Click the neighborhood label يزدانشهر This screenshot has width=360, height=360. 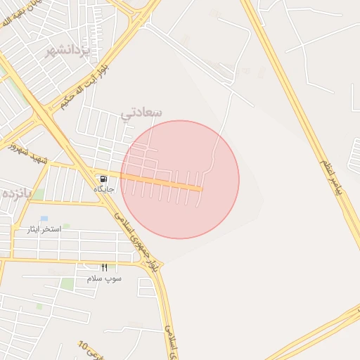point(69,51)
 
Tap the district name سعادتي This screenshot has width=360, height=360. point(141,112)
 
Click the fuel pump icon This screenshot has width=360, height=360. point(104,179)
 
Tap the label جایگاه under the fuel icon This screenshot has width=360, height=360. point(104,189)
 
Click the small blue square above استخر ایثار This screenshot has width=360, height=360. point(44,219)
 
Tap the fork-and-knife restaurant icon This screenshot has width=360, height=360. point(104,267)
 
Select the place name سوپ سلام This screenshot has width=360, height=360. point(104,278)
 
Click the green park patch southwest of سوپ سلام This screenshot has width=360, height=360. point(67,284)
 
